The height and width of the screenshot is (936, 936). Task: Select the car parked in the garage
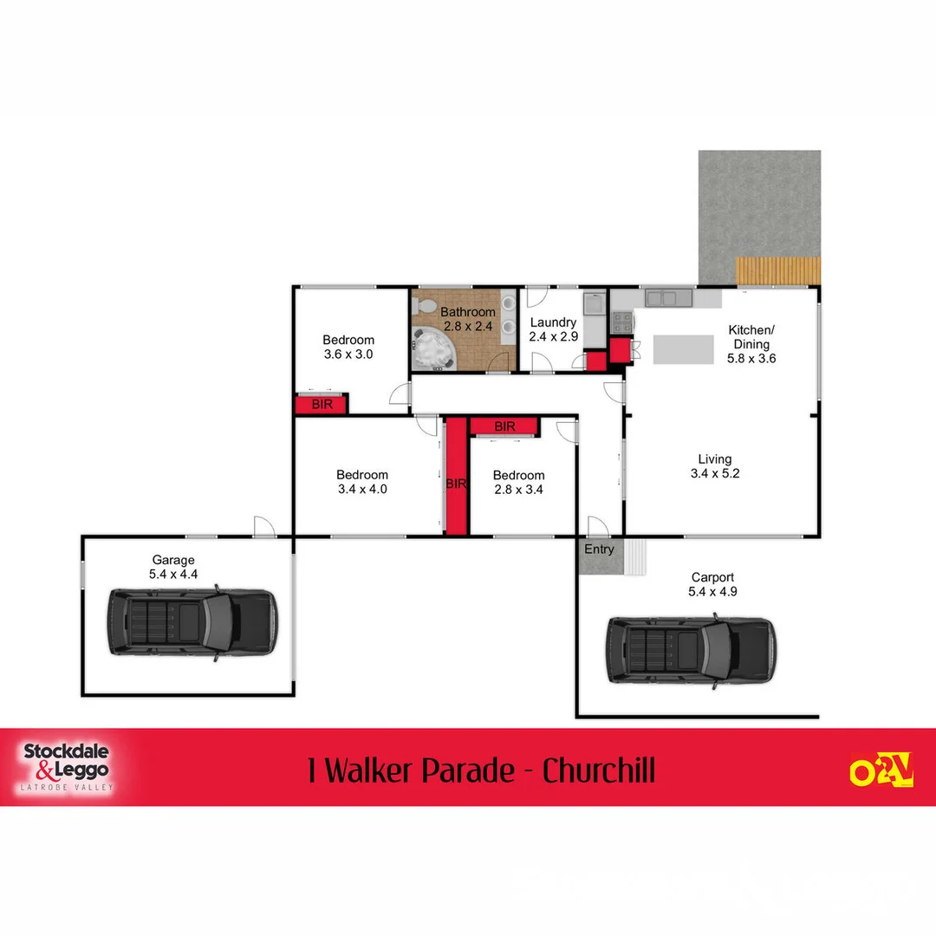[192, 622]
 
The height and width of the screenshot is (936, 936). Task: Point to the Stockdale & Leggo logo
[66, 767]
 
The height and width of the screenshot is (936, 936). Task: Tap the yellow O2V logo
[881, 769]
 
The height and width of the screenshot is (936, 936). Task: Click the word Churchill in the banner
[599, 770]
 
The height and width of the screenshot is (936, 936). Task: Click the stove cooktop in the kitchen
[622, 322]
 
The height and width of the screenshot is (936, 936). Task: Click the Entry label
[599, 549]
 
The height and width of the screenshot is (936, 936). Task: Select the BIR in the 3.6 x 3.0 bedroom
[322, 405]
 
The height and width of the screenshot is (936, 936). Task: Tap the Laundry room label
[553, 322]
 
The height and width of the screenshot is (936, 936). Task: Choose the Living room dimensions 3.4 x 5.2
[714, 473]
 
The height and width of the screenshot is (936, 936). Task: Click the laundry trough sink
[595, 305]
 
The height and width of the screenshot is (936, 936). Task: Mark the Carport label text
[712, 577]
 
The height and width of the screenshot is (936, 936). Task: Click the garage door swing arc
[264, 526]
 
